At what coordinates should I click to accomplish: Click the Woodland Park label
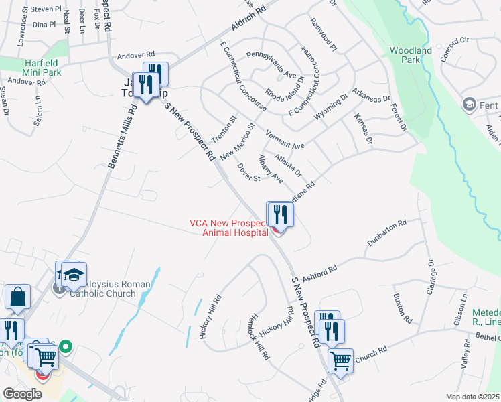[411, 55]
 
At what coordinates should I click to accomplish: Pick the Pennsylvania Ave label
[271, 64]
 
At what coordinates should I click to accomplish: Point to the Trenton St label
[224, 128]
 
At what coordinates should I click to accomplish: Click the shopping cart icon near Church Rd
[340, 360]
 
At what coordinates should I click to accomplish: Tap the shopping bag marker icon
[17, 297]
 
